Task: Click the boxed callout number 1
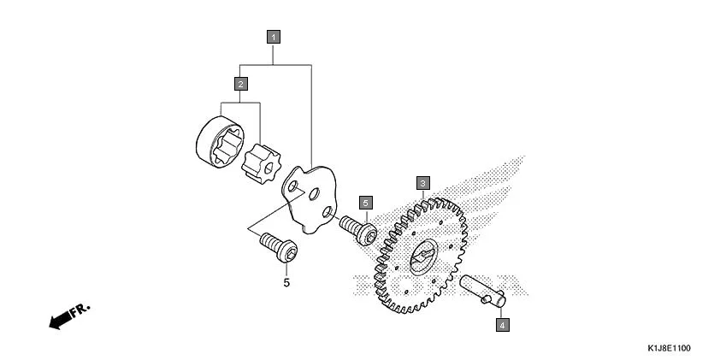pos(273,37)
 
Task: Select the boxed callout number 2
pos(241,83)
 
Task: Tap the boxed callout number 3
pos(422,182)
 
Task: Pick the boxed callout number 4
pos(502,325)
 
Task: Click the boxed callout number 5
pos(365,203)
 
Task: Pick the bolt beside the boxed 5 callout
pos(357,230)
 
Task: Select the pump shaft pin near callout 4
pos(483,289)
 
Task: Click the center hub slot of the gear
pos(422,257)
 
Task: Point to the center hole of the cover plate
pos(314,195)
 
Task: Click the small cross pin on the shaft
pos(497,298)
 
